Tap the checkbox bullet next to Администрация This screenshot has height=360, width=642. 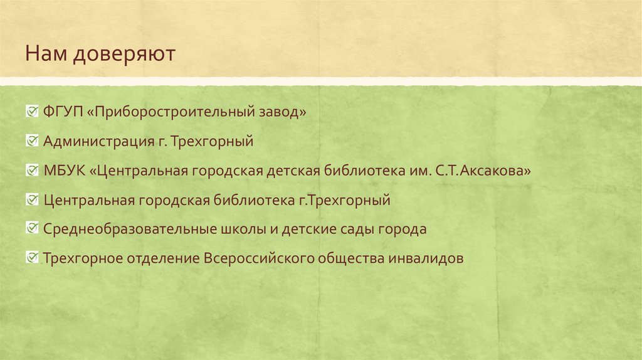(x=31, y=141)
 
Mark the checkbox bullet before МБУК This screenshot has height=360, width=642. (x=31, y=171)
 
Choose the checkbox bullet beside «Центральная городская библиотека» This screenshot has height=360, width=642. (x=31, y=200)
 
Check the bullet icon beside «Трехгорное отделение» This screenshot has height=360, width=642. (x=31, y=258)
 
